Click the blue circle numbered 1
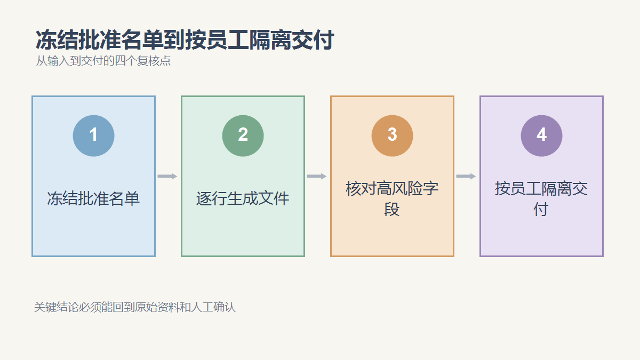click(x=94, y=135)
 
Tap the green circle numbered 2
click(x=243, y=135)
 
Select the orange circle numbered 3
click(x=393, y=135)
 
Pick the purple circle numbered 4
click(x=542, y=135)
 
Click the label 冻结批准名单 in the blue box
click(x=93, y=198)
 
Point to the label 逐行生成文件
click(x=243, y=198)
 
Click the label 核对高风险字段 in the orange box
click(x=392, y=198)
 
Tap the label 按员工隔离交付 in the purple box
click(x=541, y=198)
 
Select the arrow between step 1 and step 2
click(x=167, y=177)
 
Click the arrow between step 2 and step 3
click(x=317, y=177)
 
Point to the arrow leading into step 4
click(x=466, y=177)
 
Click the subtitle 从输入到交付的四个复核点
click(x=103, y=61)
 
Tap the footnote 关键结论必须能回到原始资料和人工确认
click(x=135, y=307)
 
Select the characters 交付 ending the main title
click(x=313, y=40)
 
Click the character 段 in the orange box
click(x=392, y=209)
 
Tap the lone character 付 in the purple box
click(x=541, y=209)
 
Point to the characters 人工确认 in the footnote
click(x=213, y=307)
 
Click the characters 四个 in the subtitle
click(x=126, y=61)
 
